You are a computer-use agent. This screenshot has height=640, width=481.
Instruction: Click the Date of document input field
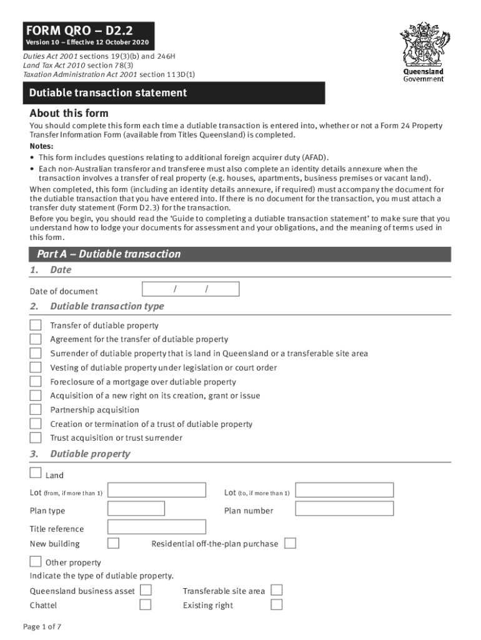tap(191, 289)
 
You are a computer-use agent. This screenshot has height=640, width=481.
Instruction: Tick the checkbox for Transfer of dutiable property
tap(36, 325)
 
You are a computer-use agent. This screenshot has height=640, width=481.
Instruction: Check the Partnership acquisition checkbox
tap(36, 409)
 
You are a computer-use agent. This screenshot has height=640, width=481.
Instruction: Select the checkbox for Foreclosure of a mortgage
tap(36, 381)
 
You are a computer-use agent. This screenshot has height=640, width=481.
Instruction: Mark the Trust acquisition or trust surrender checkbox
tap(36, 437)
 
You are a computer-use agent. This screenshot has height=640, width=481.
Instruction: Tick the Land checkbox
tap(36, 473)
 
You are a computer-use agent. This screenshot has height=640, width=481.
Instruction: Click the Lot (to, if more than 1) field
tap(344, 491)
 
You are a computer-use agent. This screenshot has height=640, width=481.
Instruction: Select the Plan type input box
tap(136, 509)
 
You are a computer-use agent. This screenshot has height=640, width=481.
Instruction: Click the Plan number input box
tap(344, 509)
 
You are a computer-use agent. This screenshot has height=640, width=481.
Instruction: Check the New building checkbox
tap(114, 543)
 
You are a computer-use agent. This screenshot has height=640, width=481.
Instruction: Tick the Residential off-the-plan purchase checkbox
tap(290, 543)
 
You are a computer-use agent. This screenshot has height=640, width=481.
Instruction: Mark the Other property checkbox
tap(36, 561)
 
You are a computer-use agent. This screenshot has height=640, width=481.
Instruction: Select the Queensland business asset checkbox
tap(146, 590)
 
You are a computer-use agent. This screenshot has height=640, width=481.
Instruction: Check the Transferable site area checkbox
tap(276, 590)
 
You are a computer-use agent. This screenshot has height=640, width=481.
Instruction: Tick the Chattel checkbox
tap(146, 604)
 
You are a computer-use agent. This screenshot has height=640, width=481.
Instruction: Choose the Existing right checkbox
tap(276, 604)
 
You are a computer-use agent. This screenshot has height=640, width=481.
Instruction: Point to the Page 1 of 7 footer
tap(42, 627)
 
